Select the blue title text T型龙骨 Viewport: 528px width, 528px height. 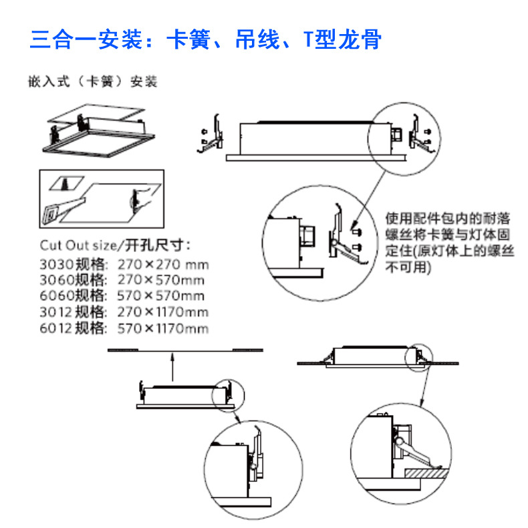click(342, 39)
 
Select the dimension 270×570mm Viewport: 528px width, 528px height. click(161, 280)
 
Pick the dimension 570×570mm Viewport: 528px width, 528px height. click(161, 296)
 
